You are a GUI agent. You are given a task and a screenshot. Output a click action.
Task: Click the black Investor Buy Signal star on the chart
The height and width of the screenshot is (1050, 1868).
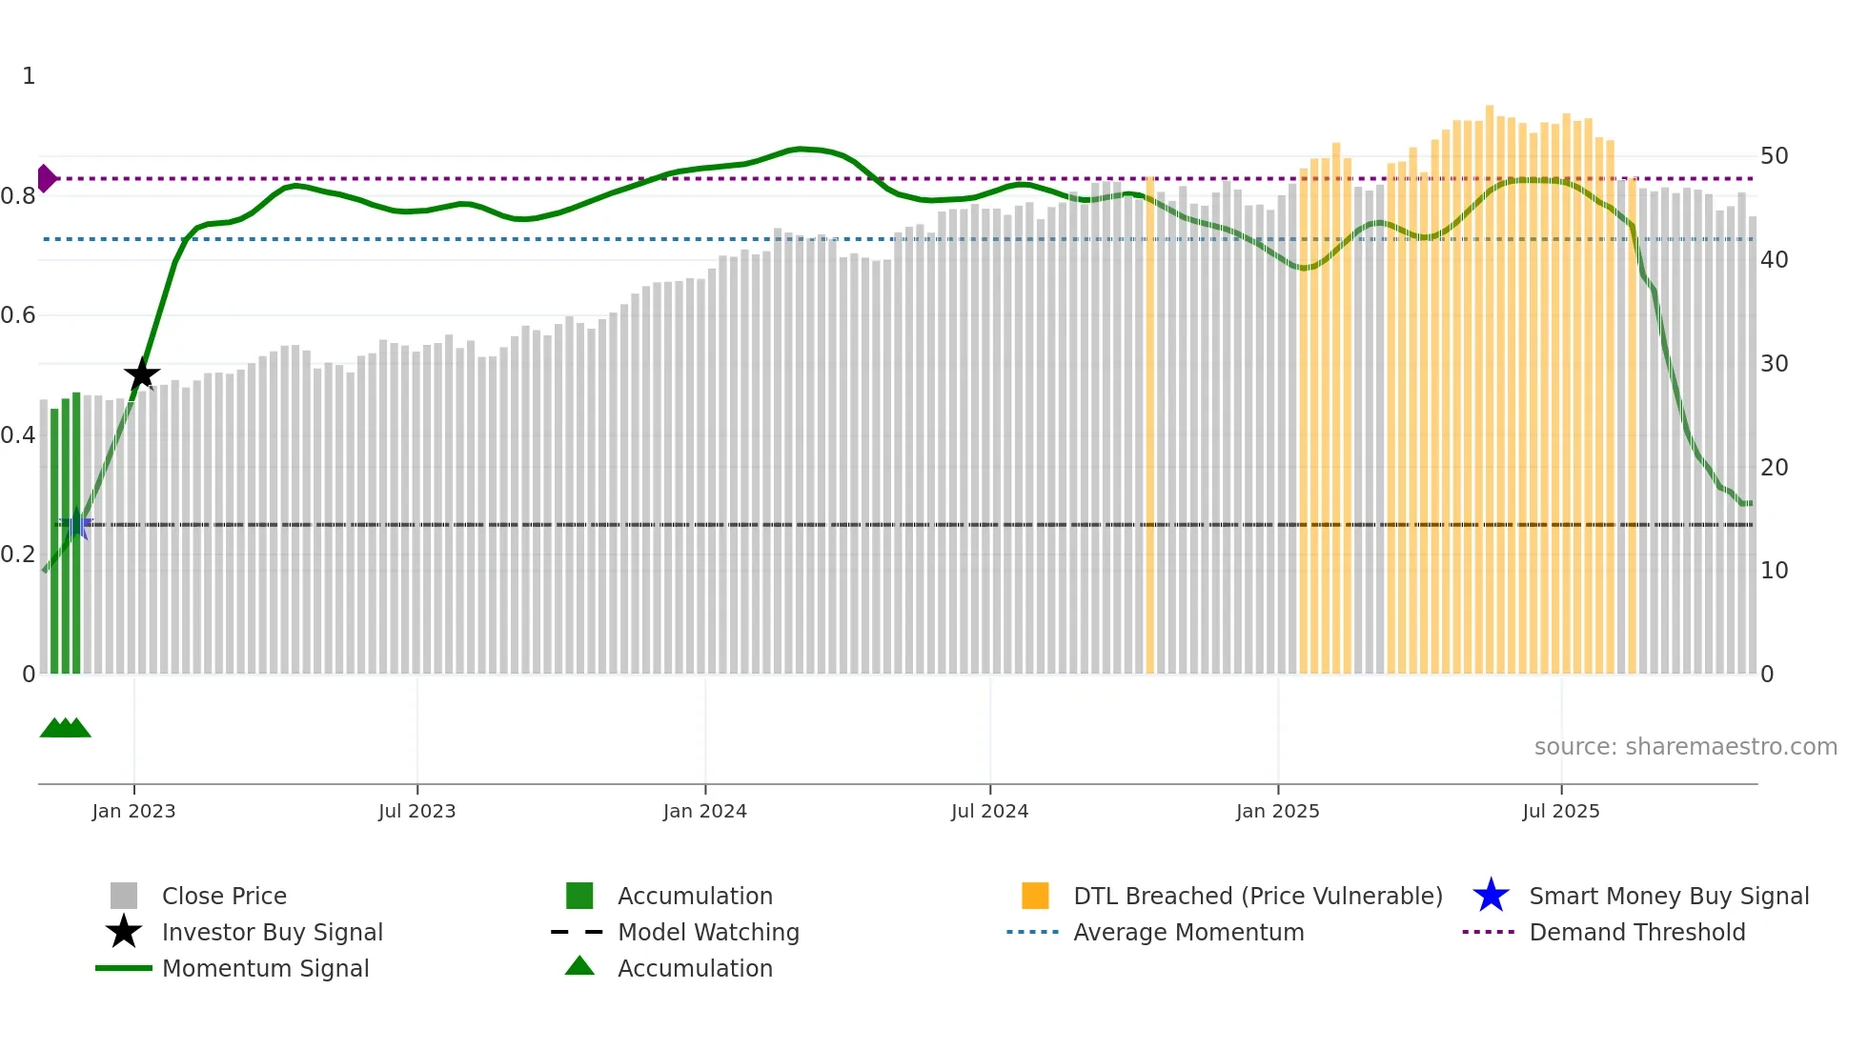coord(142,374)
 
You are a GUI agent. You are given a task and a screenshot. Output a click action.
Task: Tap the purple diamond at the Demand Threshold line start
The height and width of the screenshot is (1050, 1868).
coord(46,178)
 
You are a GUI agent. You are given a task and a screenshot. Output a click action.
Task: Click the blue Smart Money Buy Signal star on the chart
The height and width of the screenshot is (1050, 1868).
coord(76,524)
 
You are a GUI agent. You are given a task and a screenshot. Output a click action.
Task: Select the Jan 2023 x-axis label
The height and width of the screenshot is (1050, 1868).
coord(133,811)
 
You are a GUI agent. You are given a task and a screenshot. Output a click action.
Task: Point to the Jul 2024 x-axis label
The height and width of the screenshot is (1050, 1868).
coord(989,811)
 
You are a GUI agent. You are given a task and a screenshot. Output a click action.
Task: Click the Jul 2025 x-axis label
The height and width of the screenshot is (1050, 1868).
coord(1560,811)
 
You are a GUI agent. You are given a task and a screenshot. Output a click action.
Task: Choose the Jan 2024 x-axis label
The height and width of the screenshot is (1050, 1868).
coord(704,811)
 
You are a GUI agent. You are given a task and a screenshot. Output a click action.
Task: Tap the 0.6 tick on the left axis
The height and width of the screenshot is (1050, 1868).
coord(18,315)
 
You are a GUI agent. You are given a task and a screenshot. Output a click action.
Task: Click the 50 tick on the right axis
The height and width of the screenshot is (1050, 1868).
coord(1774,156)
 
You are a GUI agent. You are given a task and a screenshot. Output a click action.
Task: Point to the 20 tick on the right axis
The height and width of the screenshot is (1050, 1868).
coord(1774,467)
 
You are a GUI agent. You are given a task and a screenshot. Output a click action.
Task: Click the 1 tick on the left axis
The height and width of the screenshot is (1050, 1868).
coord(29,76)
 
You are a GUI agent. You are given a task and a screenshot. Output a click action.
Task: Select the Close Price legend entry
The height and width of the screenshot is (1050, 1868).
coord(224,896)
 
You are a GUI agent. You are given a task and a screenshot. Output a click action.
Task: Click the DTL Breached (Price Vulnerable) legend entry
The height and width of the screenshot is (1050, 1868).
coord(1257,896)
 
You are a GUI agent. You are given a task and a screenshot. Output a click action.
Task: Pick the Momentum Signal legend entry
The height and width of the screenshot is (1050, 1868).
coord(265,968)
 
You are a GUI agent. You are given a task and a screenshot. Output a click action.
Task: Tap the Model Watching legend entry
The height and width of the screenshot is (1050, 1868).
coord(708,932)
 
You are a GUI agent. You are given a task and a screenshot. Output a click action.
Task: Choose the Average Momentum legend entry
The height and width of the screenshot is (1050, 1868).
coord(1188,932)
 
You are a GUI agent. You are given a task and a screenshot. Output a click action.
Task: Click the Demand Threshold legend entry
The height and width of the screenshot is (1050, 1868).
coord(1636,932)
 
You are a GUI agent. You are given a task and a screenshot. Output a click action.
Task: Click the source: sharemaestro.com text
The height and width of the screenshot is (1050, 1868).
coord(1685,747)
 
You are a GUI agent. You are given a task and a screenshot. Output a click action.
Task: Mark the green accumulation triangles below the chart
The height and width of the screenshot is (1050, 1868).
coord(65,728)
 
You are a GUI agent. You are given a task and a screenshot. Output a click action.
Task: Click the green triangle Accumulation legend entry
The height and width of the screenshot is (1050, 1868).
coord(695,968)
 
